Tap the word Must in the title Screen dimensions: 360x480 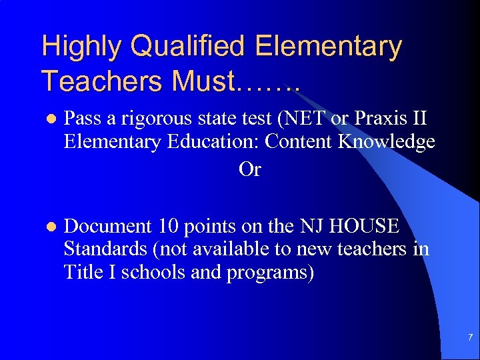tap(200, 81)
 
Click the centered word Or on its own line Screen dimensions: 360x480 tap(249, 169)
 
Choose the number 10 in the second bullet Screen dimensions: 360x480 tap(169, 227)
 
